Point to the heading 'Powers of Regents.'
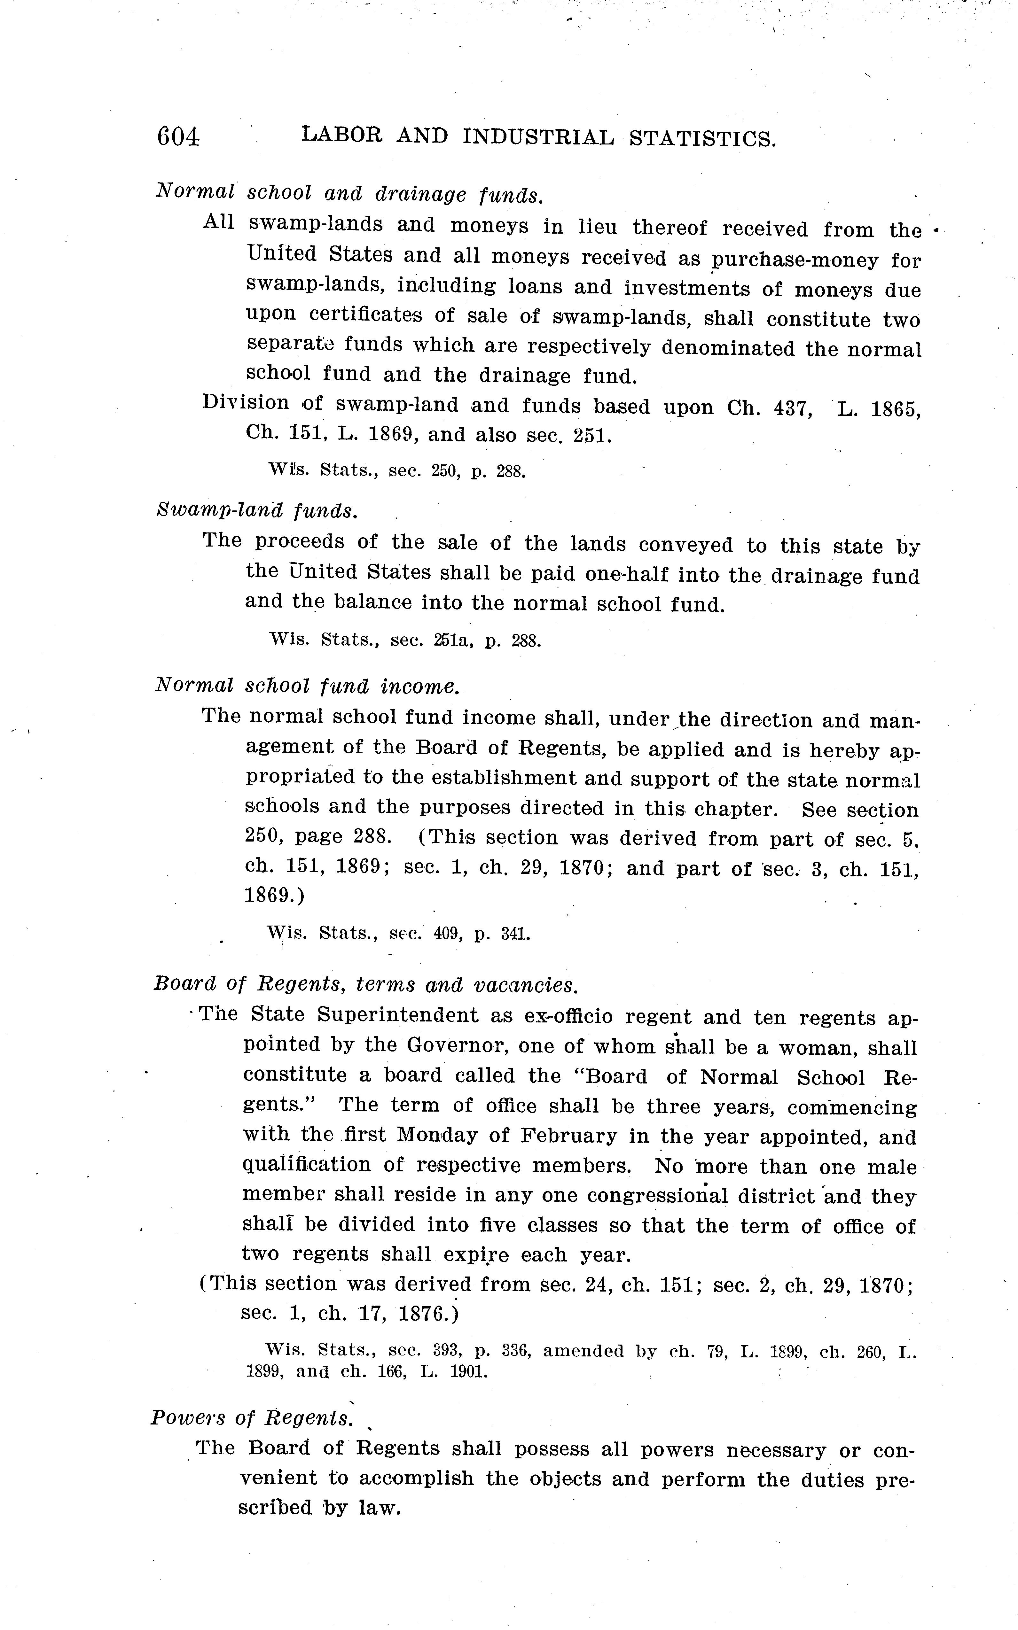pyautogui.click(x=252, y=1418)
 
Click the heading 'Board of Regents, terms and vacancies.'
pyautogui.click(x=365, y=985)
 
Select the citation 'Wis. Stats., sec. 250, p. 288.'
pyautogui.click(x=396, y=470)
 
